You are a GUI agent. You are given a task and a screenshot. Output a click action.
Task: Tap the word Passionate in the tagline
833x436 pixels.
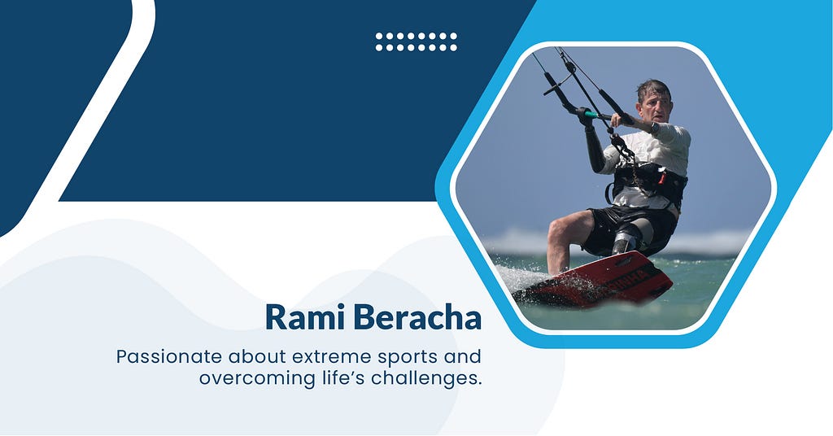tap(169, 357)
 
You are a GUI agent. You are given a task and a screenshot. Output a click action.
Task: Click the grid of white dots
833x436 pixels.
tap(416, 42)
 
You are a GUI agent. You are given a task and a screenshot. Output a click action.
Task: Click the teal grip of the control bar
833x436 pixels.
tap(591, 114)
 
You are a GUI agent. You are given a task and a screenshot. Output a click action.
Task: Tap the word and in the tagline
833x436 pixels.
tap(463, 356)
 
